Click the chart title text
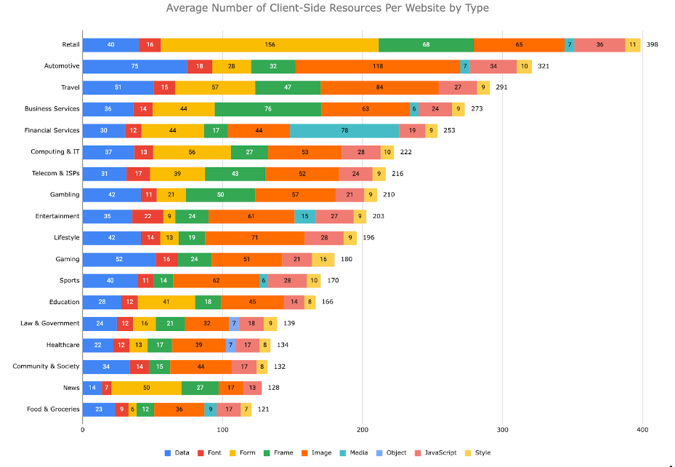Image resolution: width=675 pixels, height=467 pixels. pos(327,8)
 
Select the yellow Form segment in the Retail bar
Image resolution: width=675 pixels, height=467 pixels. pos(270,45)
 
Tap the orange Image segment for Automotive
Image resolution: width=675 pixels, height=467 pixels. pos(378,67)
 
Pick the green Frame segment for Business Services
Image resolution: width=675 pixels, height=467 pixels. pos(268,109)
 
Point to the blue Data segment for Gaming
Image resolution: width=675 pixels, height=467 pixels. pos(119,260)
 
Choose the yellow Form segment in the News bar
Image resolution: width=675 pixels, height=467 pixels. pos(146,388)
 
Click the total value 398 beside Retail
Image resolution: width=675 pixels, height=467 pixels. pos(652,45)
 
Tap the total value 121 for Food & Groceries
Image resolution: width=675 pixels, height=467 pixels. pos(263,410)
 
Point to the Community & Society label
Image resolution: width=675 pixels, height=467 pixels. pos(46,367)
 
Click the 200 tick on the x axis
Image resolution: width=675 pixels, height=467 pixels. pos(363,430)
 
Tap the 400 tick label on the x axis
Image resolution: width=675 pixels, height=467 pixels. pos(642,430)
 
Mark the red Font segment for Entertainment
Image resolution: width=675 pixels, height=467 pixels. pos(147,217)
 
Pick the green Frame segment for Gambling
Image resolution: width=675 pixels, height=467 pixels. pos(220,195)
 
